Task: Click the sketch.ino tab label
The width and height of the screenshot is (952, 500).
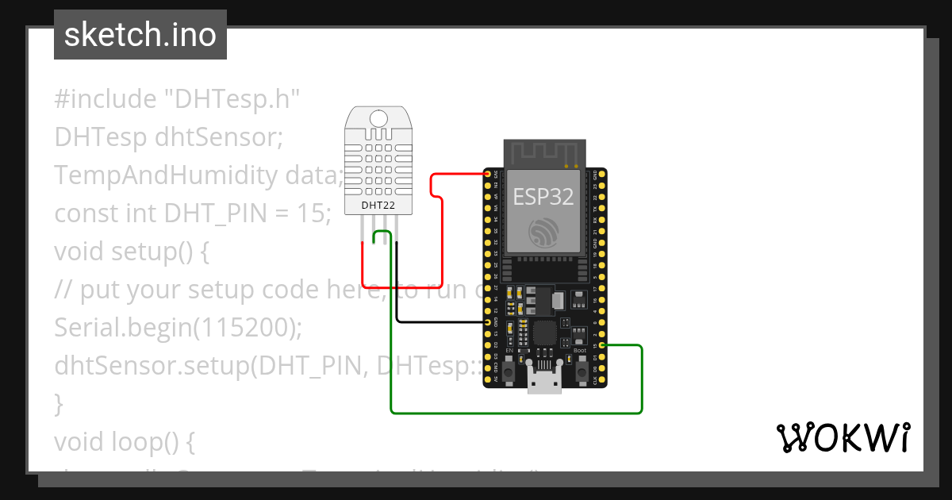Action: tap(140, 35)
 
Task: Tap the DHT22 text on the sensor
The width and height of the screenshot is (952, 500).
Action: tap(378, 205)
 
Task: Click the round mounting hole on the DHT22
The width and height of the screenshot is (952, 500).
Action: tap(378, 118)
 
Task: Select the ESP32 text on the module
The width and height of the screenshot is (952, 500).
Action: tap(543, 196)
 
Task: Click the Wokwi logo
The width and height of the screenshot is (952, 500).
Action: tap(843, 437)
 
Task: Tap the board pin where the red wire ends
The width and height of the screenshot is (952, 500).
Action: tap(489, 174)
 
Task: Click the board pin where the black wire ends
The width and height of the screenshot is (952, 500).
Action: tap(489, 322)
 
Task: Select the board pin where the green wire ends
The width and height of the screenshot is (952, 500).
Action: tap(603, 346)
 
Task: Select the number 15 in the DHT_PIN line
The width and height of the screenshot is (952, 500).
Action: tap(315, 213)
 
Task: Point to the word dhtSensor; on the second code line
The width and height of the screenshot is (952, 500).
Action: tap(219, 137)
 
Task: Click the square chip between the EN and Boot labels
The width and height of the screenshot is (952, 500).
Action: tap(545, 333)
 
